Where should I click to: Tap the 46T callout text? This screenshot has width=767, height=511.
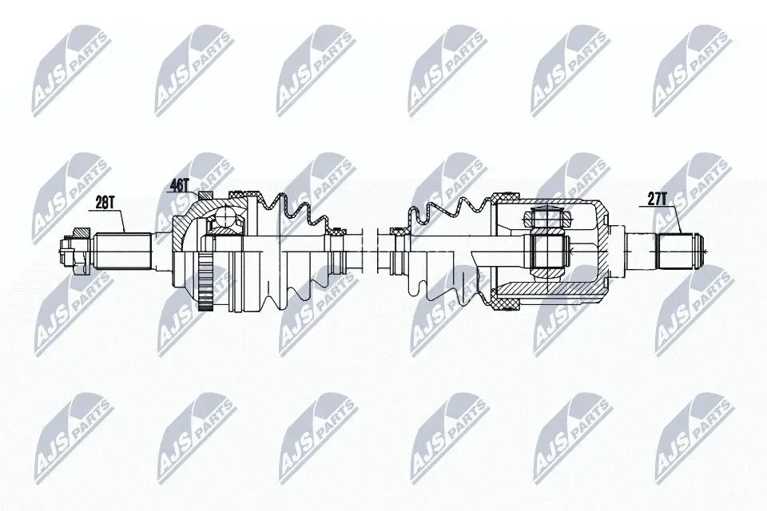point(179,185)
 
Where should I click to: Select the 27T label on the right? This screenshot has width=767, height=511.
point(658,199)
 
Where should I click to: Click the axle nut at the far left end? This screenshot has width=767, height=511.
point(74,252)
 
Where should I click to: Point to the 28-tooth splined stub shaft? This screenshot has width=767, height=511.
point(122,252)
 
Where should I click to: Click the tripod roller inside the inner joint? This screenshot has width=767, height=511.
point(546,252)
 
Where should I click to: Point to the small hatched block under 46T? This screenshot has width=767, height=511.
point(206,195)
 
